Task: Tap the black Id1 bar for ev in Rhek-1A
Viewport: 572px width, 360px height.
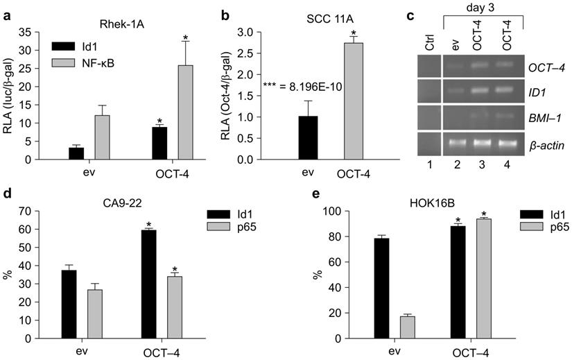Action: click(x=76, y=153)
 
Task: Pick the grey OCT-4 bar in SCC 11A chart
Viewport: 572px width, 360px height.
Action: click(x=358, y=101)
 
